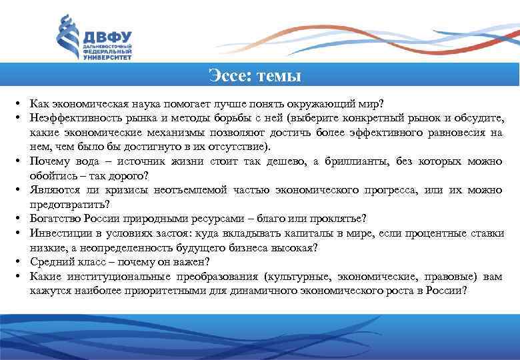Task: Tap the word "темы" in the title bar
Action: [277, 76]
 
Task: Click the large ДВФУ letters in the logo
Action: [107, 37]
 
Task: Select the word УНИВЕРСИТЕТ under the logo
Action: [107, 58]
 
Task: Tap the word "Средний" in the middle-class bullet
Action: [50, 262]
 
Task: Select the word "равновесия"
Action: [455, 133]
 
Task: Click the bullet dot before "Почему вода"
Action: [14, 162]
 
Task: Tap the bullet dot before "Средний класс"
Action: [14, 263]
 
